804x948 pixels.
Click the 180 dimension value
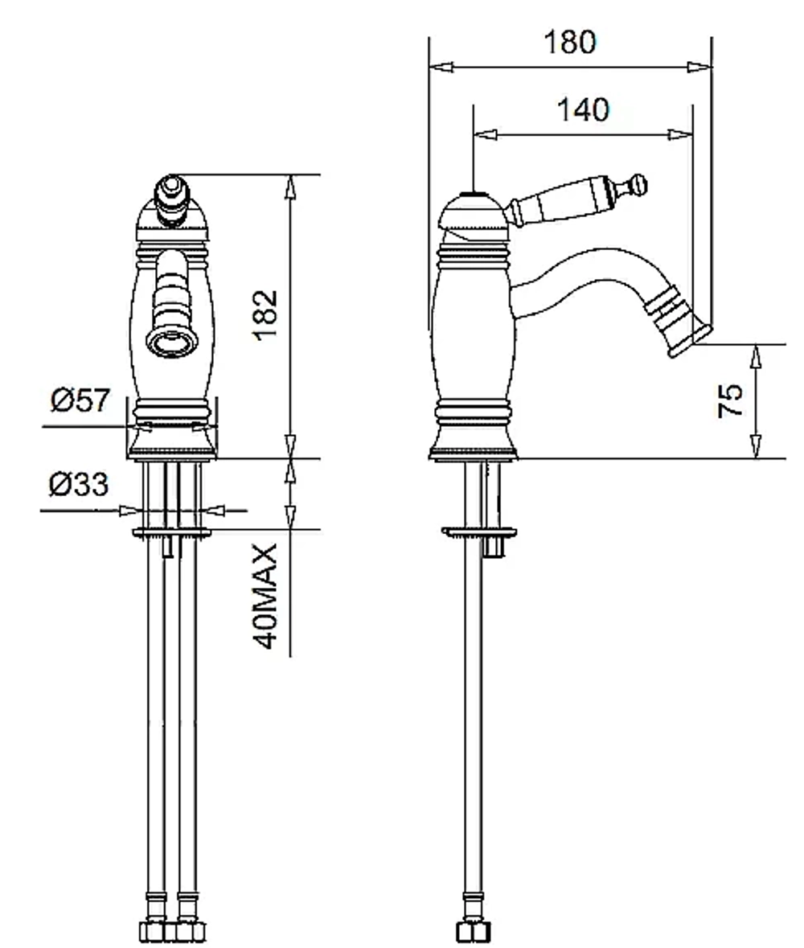(569, 43)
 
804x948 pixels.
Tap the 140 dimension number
(583, 110)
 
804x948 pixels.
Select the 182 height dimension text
(266, 315)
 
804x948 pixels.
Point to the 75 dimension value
(730, 400)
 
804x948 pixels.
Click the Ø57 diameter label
(81, 400)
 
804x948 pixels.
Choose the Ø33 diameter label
(79, 484)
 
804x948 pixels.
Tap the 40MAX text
(266, 596)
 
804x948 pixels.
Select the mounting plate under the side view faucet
(478, 532)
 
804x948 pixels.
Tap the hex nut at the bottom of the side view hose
(474, 931)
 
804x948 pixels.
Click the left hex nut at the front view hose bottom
(151, 931)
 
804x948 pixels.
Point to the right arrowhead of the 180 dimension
(699, 67)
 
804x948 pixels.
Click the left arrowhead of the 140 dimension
(486, 134)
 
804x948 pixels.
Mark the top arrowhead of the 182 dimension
(291, 187)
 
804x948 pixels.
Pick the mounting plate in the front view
(172, 532)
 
